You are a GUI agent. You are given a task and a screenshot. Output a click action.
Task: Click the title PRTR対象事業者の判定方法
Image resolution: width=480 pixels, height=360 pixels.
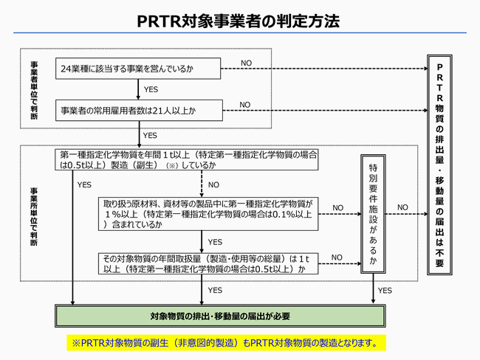tap(239, 21)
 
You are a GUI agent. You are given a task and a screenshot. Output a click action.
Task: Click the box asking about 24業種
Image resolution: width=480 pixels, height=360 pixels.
tap(138, 69)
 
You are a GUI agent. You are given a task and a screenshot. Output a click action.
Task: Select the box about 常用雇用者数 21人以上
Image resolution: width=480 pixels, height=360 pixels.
tap(139, 111)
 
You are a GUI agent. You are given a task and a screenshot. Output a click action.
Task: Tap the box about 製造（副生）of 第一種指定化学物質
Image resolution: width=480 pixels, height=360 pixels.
tap(186, 159)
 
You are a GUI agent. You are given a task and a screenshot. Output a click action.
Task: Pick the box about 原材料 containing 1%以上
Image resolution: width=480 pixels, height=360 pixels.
tap(208, 214)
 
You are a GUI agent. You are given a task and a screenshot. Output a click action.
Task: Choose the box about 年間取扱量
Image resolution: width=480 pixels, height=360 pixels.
tap(208, 263)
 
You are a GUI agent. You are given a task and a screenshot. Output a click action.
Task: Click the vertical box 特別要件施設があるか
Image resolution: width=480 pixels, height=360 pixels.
tap(373, 214)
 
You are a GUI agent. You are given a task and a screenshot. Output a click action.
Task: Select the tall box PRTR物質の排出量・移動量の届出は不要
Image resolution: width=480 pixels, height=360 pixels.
tap(439, 165)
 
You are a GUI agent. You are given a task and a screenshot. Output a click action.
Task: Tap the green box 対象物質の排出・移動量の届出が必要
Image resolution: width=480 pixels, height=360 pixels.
tap(220, 316)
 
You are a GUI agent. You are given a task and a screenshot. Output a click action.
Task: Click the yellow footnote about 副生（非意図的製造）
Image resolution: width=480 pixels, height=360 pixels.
tap(226, 343)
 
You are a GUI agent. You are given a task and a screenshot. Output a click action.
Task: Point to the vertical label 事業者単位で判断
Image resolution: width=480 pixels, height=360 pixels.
tap(34, 91)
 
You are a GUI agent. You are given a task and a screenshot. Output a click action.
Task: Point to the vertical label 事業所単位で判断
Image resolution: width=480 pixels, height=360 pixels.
tap(34, 217)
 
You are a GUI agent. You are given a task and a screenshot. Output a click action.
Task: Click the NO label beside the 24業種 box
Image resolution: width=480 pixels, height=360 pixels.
tap(246, 63)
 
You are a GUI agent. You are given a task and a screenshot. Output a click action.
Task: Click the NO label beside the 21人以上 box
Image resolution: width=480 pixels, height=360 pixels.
tap(245, 105)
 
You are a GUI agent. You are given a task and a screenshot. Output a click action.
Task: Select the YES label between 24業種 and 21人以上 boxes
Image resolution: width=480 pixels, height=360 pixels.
tap(151, 89)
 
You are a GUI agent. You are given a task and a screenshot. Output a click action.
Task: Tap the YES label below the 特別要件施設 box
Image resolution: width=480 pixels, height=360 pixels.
tap(385, 290)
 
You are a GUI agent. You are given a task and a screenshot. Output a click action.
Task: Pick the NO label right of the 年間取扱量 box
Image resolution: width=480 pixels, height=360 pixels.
tap(337, 257)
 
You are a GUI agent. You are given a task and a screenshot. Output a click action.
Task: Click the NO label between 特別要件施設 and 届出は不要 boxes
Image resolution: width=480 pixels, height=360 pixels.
tap(402, 207)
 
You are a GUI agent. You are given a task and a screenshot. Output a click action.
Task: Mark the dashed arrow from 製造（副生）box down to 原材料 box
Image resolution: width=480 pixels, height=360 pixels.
tap(202, 184)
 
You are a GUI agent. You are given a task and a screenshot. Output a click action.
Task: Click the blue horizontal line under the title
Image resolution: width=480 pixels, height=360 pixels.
tap(240, 32)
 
